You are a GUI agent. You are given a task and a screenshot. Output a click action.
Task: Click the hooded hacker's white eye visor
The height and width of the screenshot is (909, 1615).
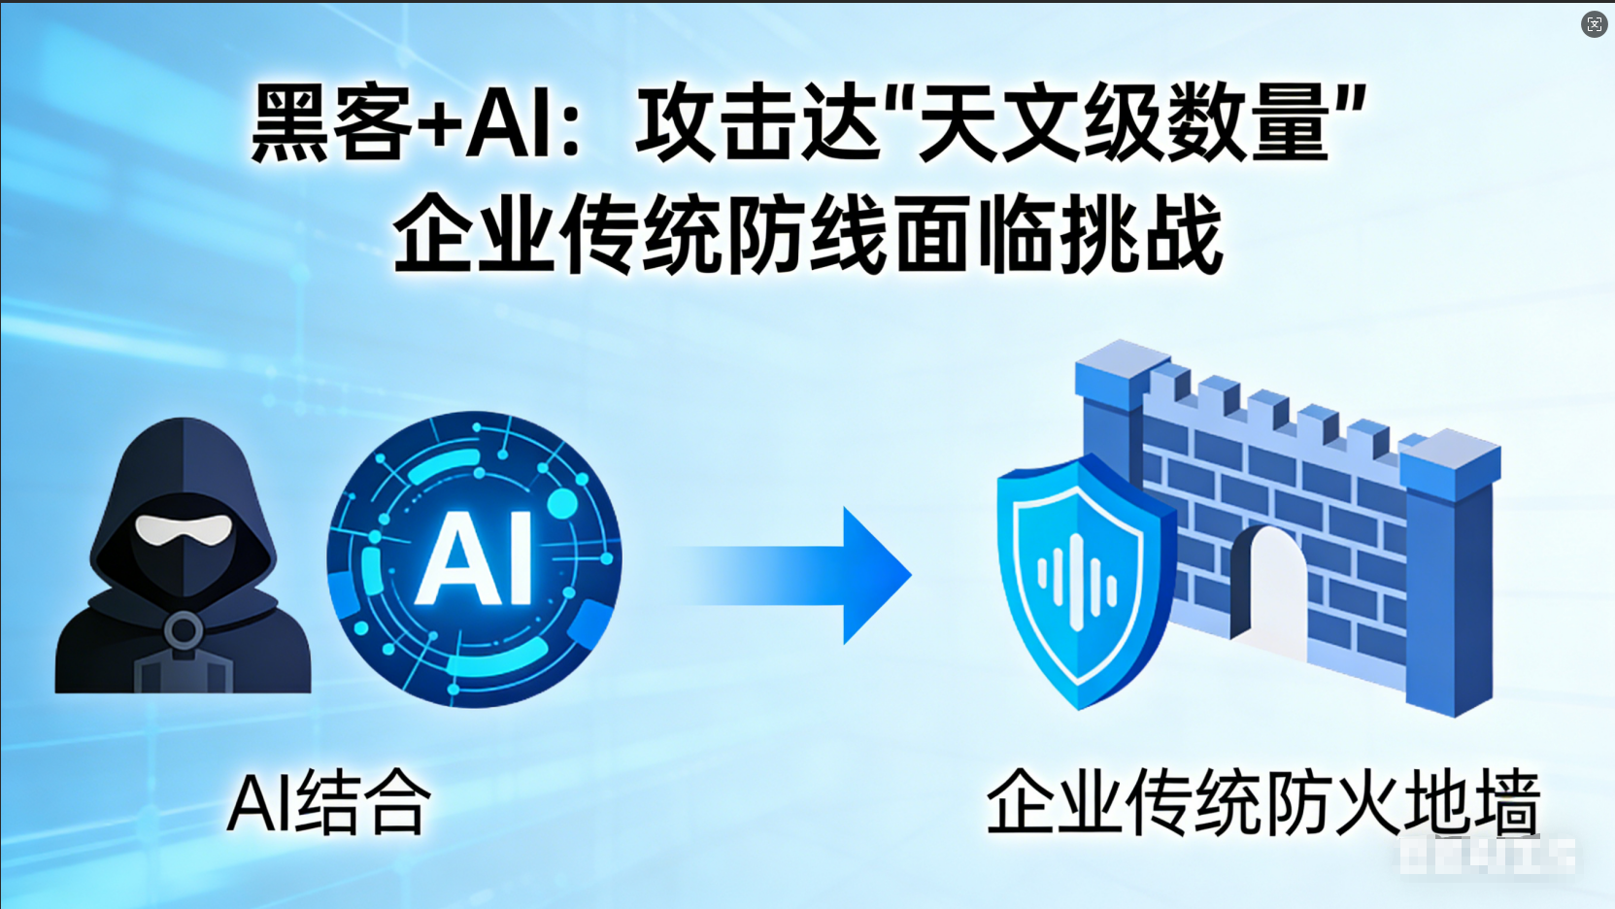[183, 529]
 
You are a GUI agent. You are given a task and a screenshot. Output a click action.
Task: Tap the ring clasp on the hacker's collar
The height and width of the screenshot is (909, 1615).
[183, 631]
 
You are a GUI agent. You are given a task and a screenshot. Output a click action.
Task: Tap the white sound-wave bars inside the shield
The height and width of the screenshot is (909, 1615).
[1077, 580]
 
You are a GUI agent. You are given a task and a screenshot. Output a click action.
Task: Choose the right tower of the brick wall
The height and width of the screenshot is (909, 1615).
[1452, 573]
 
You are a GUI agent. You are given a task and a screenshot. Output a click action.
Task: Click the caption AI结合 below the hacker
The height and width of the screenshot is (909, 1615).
[328, 802]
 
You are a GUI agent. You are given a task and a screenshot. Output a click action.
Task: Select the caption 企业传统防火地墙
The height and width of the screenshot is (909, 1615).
[1262, 802]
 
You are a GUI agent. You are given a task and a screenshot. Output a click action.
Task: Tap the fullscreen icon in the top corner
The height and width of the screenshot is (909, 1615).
[1594, 24]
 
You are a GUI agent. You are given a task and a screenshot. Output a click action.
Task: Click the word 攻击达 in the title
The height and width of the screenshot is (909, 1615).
[757, 123]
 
